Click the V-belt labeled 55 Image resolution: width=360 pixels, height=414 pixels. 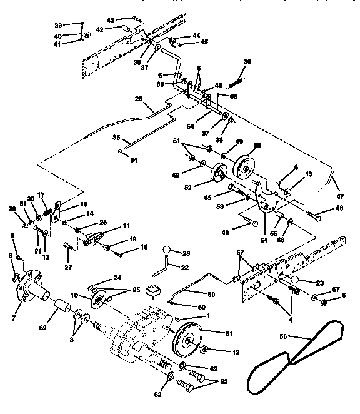pyautogui.click(x=294, y=369)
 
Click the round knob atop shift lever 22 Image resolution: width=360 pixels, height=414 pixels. pyautogui.click(x=167, y=251)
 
